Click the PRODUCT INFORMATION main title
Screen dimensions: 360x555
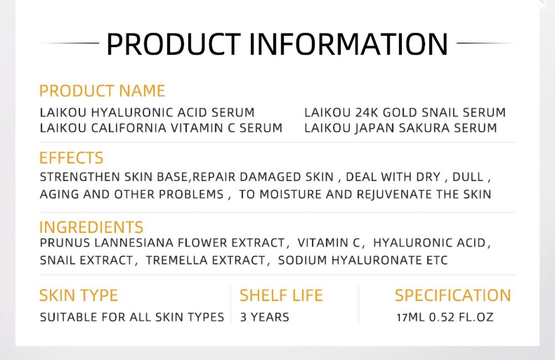point(277,43)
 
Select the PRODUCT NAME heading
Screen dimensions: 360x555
point(102,91)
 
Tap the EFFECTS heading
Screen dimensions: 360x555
point(71,158)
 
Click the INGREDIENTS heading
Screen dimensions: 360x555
point(91,227)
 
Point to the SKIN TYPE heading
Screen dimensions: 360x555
point(78,296)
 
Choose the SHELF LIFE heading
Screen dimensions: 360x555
point(281,296)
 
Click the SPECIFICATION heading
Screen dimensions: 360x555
point(453,296)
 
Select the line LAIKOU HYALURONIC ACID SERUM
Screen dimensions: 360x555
point(147,113)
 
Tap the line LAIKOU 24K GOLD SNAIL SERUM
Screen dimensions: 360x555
point(405,113)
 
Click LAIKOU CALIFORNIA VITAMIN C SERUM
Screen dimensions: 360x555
point(161,128)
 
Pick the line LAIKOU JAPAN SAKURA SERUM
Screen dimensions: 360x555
point(400,128)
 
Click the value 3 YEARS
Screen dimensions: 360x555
point(264,318)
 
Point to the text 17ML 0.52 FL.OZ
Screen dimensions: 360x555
point(445,318)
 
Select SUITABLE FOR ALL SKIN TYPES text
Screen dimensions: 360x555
point(132,318)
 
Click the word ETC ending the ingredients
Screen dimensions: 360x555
point(437,260)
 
